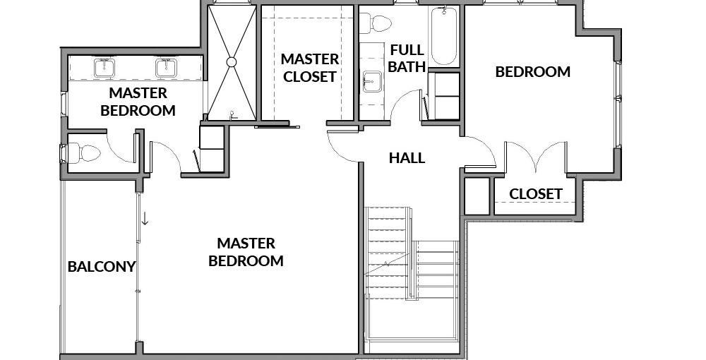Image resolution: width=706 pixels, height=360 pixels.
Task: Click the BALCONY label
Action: tap(101, 267)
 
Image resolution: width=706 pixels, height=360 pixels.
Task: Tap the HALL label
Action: tap(407, 158)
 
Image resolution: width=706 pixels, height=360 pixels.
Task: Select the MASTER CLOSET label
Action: tap(310, 68)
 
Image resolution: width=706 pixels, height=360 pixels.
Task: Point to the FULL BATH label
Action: tap(407, 58)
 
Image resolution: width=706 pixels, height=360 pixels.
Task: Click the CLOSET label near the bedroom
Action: tap(536, 194)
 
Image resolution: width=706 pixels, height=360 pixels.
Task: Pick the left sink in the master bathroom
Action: tap(105, 68)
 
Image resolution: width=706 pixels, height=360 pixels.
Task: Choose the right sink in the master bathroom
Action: tap(167, 68)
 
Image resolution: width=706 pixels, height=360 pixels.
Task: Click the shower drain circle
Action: tap(232, 62)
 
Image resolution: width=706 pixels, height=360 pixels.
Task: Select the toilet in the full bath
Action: tap(376, 23)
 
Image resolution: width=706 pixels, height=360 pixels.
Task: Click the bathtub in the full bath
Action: tap(444, 36)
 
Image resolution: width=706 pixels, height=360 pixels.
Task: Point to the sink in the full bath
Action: tap(373, 81)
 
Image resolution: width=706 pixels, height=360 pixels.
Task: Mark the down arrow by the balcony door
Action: tap(145, 218)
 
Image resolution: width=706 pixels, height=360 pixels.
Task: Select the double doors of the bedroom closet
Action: tap(535, 157)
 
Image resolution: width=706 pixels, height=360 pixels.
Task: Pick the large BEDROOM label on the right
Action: tap(532, 72)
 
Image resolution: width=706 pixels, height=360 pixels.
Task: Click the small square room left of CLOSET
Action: tap(477, 196)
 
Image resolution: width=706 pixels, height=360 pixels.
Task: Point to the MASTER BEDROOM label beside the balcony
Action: tap(246, 252)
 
